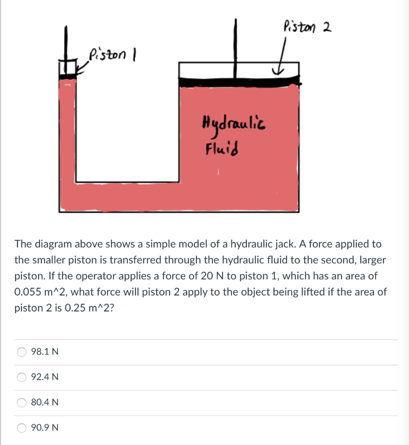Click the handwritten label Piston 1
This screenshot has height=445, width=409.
coord(112,55)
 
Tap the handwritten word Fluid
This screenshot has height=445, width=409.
coord(221,149)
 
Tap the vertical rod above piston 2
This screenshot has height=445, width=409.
coord(236,43)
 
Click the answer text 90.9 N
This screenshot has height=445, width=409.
coord(45,428)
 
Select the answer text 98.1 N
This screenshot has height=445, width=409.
coord(45,352)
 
